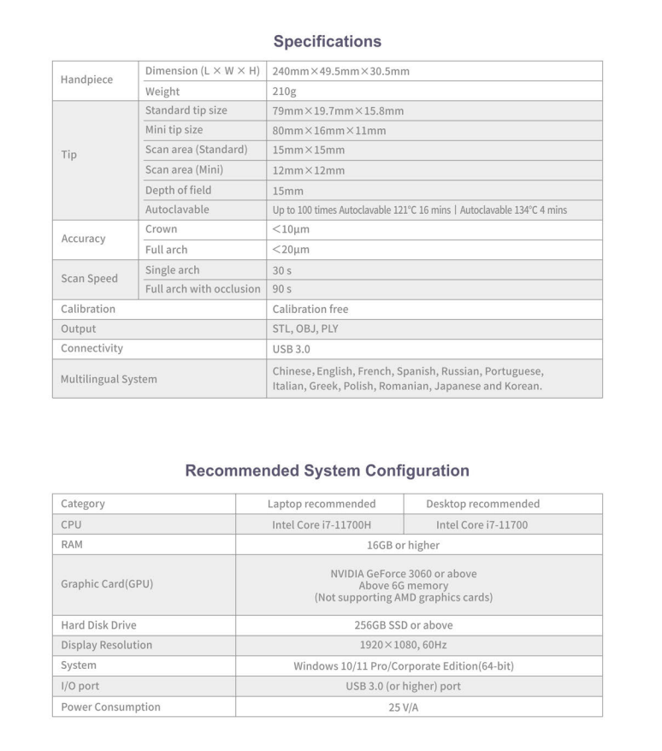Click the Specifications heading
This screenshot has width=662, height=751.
coord(327,41)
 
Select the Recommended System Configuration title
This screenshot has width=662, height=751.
coord(327,470)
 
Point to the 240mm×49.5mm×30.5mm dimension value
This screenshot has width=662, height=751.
coord(340,71)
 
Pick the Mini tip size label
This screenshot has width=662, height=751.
coord(174,130)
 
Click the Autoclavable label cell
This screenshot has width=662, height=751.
coord(177,210)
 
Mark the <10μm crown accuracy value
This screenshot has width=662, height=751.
coord(291,230)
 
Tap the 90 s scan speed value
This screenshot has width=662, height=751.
coord(282,289)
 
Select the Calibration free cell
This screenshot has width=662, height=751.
coord(310,309)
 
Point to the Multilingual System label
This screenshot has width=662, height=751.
coord(109,378)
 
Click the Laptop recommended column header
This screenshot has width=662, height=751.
coord(322,504)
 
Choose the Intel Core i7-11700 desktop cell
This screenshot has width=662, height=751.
coord(482,524)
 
